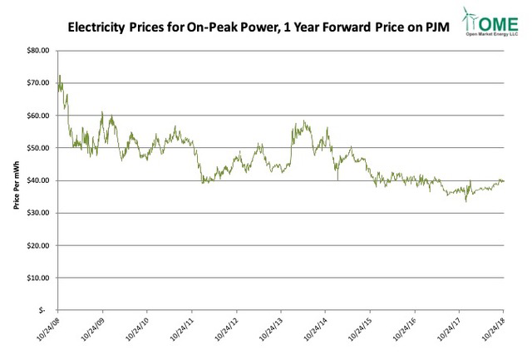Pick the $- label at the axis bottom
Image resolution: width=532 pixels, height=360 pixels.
(45, 311)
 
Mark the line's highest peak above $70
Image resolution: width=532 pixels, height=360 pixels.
(60, 76)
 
